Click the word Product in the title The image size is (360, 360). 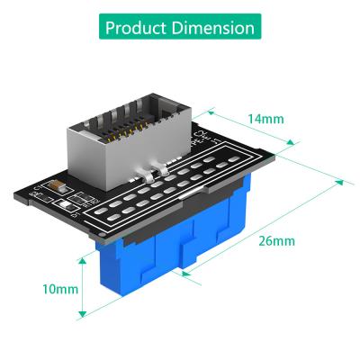138,27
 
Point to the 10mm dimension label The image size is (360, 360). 59,289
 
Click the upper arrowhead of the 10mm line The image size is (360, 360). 84,258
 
